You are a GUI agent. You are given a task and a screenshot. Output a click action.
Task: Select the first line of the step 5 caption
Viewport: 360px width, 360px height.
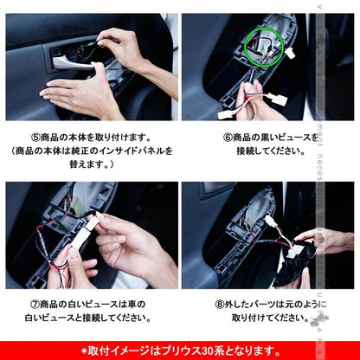click(91, 136)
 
